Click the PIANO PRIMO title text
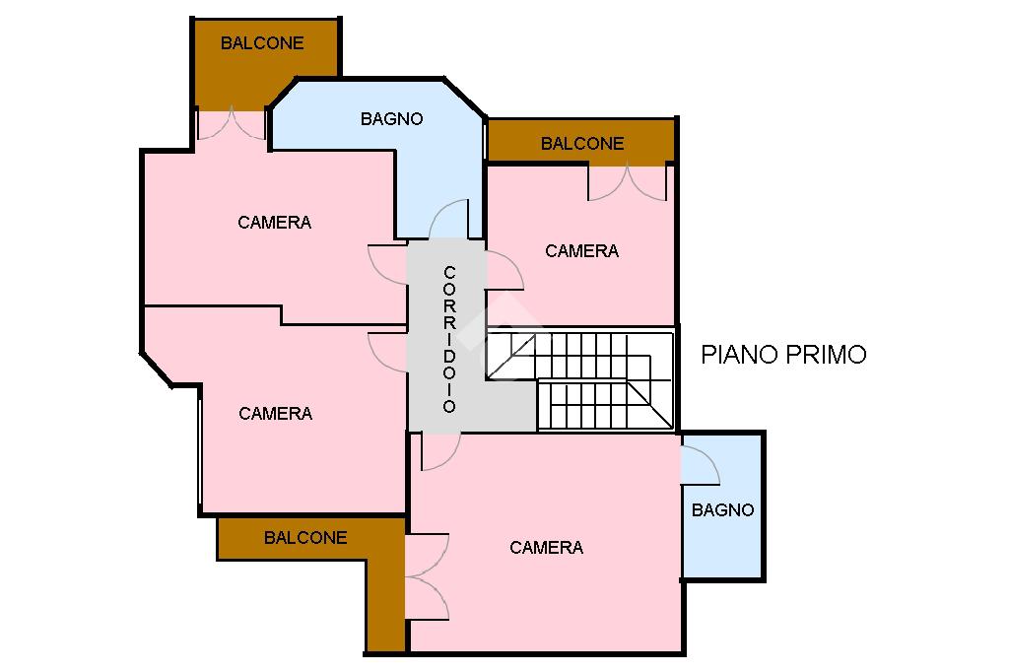(x=783, y=355)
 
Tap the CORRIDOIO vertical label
(x=449, y=339)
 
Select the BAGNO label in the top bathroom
(x=391, y=119)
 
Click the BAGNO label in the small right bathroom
(x=722, y=510)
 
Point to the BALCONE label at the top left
(x=262, y=43)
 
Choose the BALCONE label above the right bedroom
(x=582, y=144)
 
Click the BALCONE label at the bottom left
(x=305, y=537)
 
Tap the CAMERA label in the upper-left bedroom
(x=275, y=223)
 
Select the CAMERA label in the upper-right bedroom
(x=581, y=251)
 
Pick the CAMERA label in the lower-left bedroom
(x=276, y=413)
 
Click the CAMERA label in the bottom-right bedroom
(x=546, y=548)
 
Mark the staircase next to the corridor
(x=579, y=379)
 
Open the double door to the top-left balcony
(x=231, y=125)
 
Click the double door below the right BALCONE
(x=628, y=183)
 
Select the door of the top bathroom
(x=448, y=219)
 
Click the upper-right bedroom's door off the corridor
(x=505, y=270)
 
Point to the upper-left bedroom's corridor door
(x=387, y=264)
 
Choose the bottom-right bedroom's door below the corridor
(x=441, y=451)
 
